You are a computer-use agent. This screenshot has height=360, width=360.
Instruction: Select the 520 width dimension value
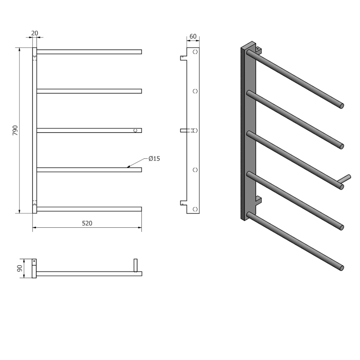[x=87, y=223]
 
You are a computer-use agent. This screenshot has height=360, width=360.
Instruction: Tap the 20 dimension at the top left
[x=35, y=33]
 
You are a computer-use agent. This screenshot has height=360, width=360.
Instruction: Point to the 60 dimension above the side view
[x=193, y=36]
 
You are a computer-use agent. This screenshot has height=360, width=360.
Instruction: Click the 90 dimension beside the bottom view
[x=19, y=269]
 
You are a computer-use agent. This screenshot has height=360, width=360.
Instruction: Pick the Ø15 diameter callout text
[x=154, y=158]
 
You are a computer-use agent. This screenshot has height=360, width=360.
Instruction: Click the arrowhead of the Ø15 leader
[x=129, y=166]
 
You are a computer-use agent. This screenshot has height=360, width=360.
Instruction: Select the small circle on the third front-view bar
[x=134, y=130]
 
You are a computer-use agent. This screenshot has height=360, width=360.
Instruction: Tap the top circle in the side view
[x=195, y=52]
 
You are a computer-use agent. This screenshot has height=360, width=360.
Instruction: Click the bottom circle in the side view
[x=195, y=209]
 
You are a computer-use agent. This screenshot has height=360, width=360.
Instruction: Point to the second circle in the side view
[x=195, y=91]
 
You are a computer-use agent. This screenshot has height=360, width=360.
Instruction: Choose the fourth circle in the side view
[x=195, y=170]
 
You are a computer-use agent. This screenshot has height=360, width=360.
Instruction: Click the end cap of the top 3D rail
[x=342, y=106]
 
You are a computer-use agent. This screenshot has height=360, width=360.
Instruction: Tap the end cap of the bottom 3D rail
[x=342, y=268]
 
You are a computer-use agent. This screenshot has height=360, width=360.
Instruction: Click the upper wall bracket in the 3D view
[x=258, y=48]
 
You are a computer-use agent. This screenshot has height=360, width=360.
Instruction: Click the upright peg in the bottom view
[x=135, y=265]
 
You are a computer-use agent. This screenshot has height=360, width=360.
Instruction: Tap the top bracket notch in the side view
[x=183, y=58]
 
